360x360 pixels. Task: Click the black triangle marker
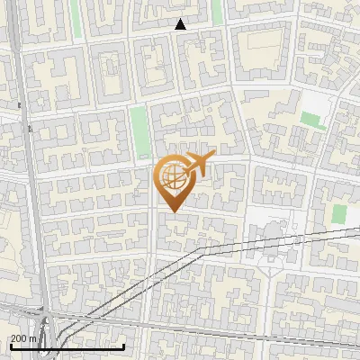tap(181, 24)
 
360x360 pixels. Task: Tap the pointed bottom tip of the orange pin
tap(170, 212)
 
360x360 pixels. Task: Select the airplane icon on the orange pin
tap(197, 165)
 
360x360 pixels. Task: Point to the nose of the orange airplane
tap(214, 157)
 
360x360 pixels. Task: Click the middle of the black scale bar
tap(67, 346)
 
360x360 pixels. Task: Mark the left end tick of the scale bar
tap(10, 346)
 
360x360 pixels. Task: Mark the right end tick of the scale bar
tap(123, 346)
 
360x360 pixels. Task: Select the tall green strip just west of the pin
tap(139, 130)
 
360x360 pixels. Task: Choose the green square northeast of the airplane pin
tap(313, 120)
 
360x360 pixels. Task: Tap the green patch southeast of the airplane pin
tap(338, 214)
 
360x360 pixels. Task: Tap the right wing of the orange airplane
tap(192, 172)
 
